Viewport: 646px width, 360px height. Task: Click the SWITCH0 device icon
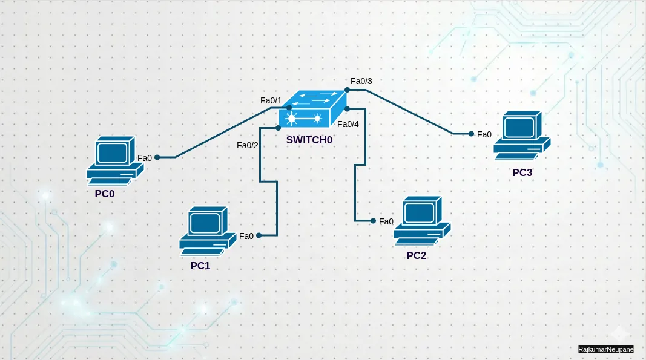(312, 109)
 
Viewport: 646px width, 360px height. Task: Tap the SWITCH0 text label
(309, 140)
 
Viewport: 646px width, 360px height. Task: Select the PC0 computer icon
(115, 160)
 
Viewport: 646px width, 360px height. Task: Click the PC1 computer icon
(207, 230)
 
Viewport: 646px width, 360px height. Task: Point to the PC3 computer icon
(521, 135)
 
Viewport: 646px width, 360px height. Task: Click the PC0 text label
(105, 194)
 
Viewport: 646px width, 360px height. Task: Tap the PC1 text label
(200, 265)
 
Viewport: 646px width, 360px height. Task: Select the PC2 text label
(417, 255)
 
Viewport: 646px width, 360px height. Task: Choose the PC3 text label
(522, 172)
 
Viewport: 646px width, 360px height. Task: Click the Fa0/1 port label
(271, 100)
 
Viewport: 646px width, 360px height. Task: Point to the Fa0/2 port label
(248, 145)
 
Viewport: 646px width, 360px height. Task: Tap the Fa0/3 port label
(361, 81)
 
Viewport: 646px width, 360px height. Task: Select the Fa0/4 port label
(348, 124)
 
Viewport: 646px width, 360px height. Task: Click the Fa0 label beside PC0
(145, 158)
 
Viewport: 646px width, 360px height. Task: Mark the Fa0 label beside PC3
(484, 134)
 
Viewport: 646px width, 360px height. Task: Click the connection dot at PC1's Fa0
(259, 235)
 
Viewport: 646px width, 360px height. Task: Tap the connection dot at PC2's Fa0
(373, 221)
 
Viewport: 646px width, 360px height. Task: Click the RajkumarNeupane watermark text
(605, 349)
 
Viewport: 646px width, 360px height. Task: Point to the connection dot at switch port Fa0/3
(348, 90)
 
